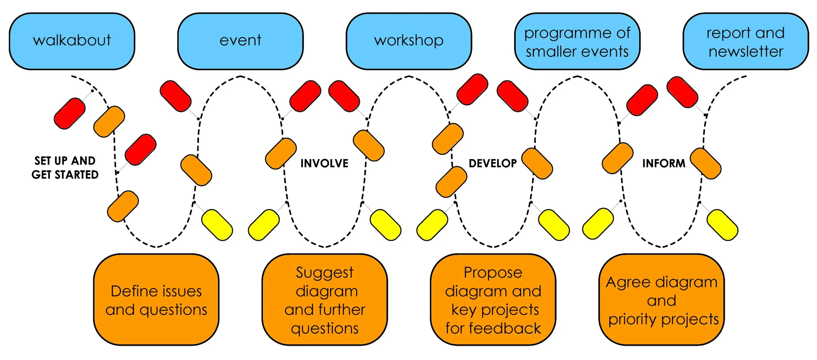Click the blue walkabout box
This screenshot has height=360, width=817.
tap(72, 41)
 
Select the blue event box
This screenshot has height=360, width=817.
tap(240, 41)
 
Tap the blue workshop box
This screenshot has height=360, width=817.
tap(408, 41)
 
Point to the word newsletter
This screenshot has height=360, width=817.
tap(746, 52)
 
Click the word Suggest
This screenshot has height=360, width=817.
tap(325, 273)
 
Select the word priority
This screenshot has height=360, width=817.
tap(633, 319)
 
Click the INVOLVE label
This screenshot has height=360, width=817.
tap(324, 163)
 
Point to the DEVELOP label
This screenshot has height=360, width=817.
tap(492, 163)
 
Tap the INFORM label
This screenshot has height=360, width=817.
tap(664, 163)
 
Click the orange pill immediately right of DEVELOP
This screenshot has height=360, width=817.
tap(537, 164)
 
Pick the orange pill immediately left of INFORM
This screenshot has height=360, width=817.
tap(617, 158)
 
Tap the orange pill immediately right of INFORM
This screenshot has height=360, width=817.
tap(705, 164)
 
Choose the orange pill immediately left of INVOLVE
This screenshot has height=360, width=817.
tap(281, 154)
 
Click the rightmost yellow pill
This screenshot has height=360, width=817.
tap(722, 225)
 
